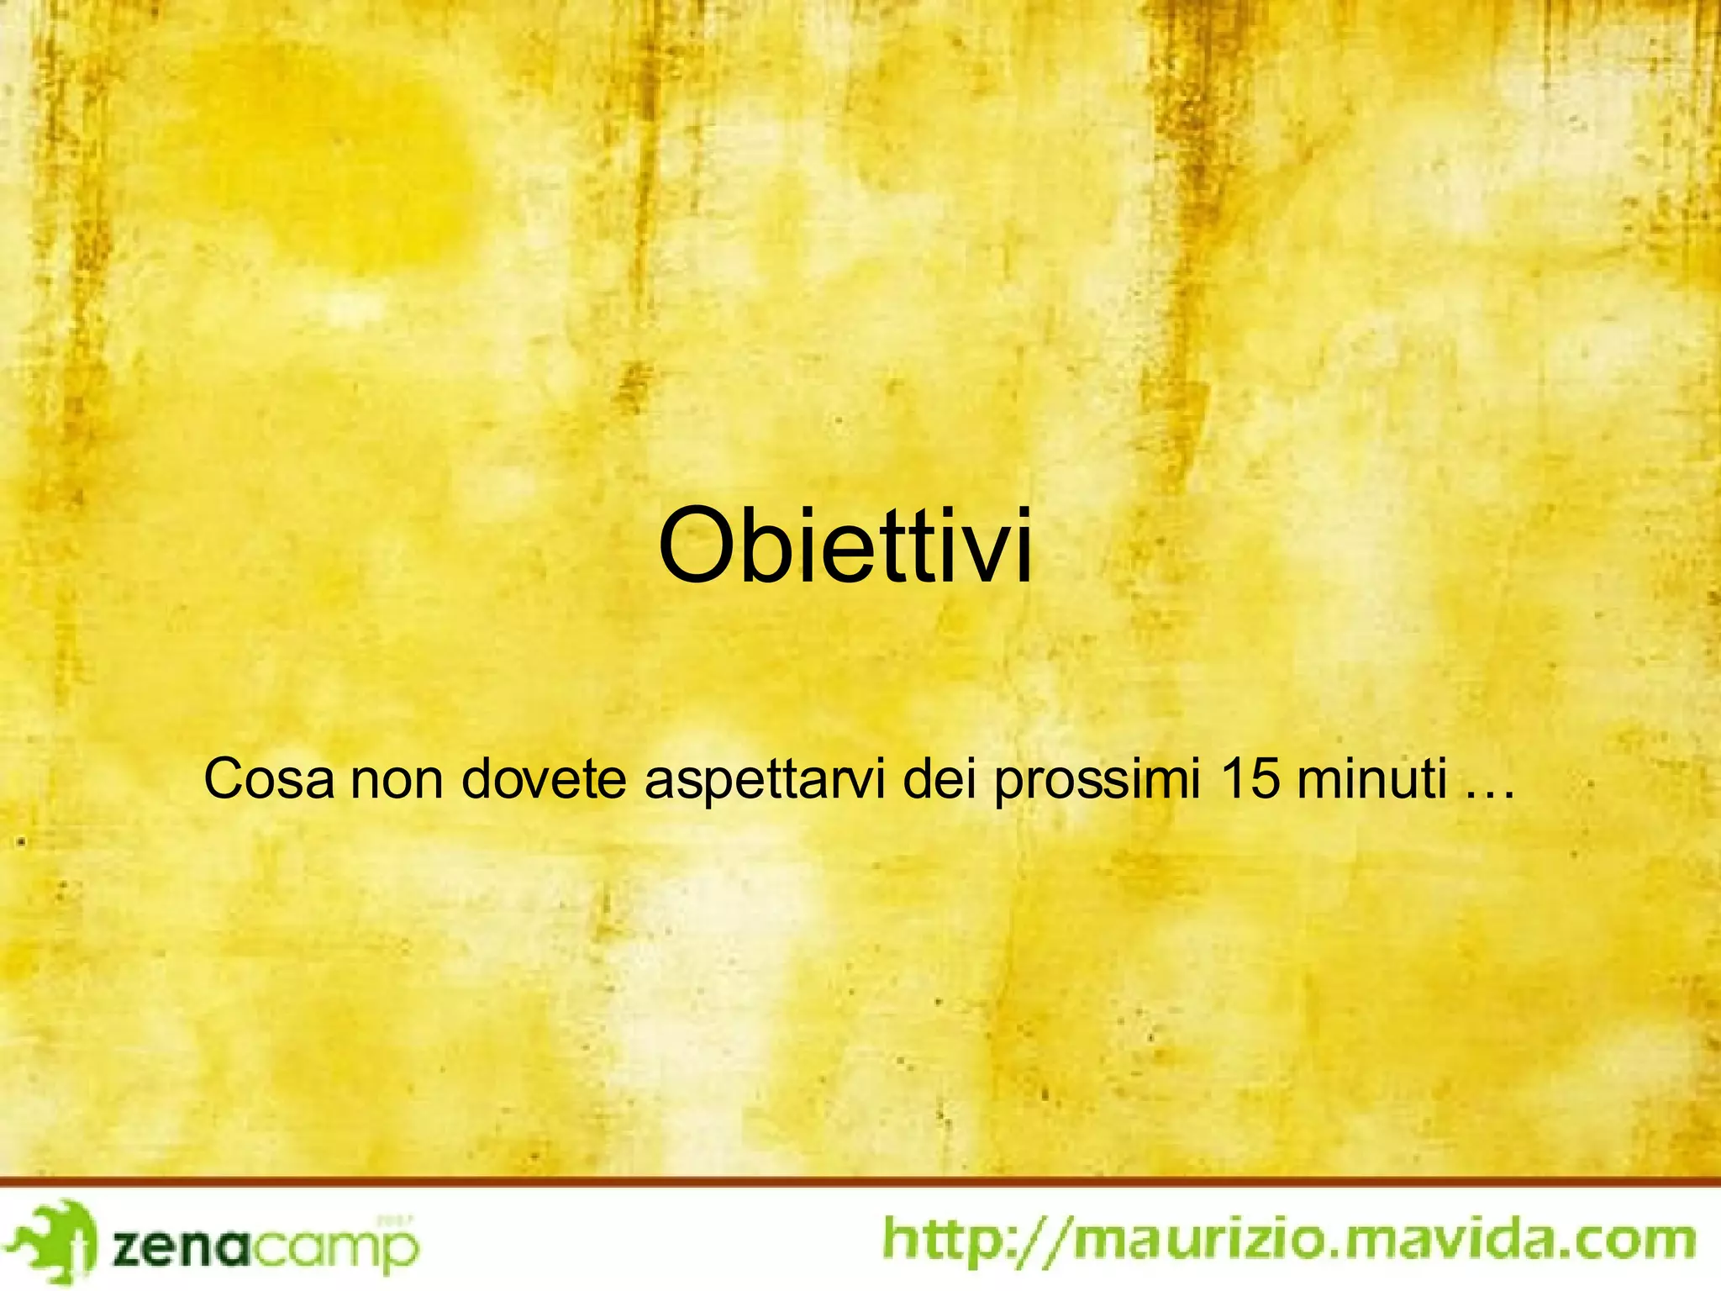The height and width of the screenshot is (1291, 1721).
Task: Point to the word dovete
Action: (544, 780)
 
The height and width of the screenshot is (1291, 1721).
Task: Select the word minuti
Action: (1371, 780)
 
